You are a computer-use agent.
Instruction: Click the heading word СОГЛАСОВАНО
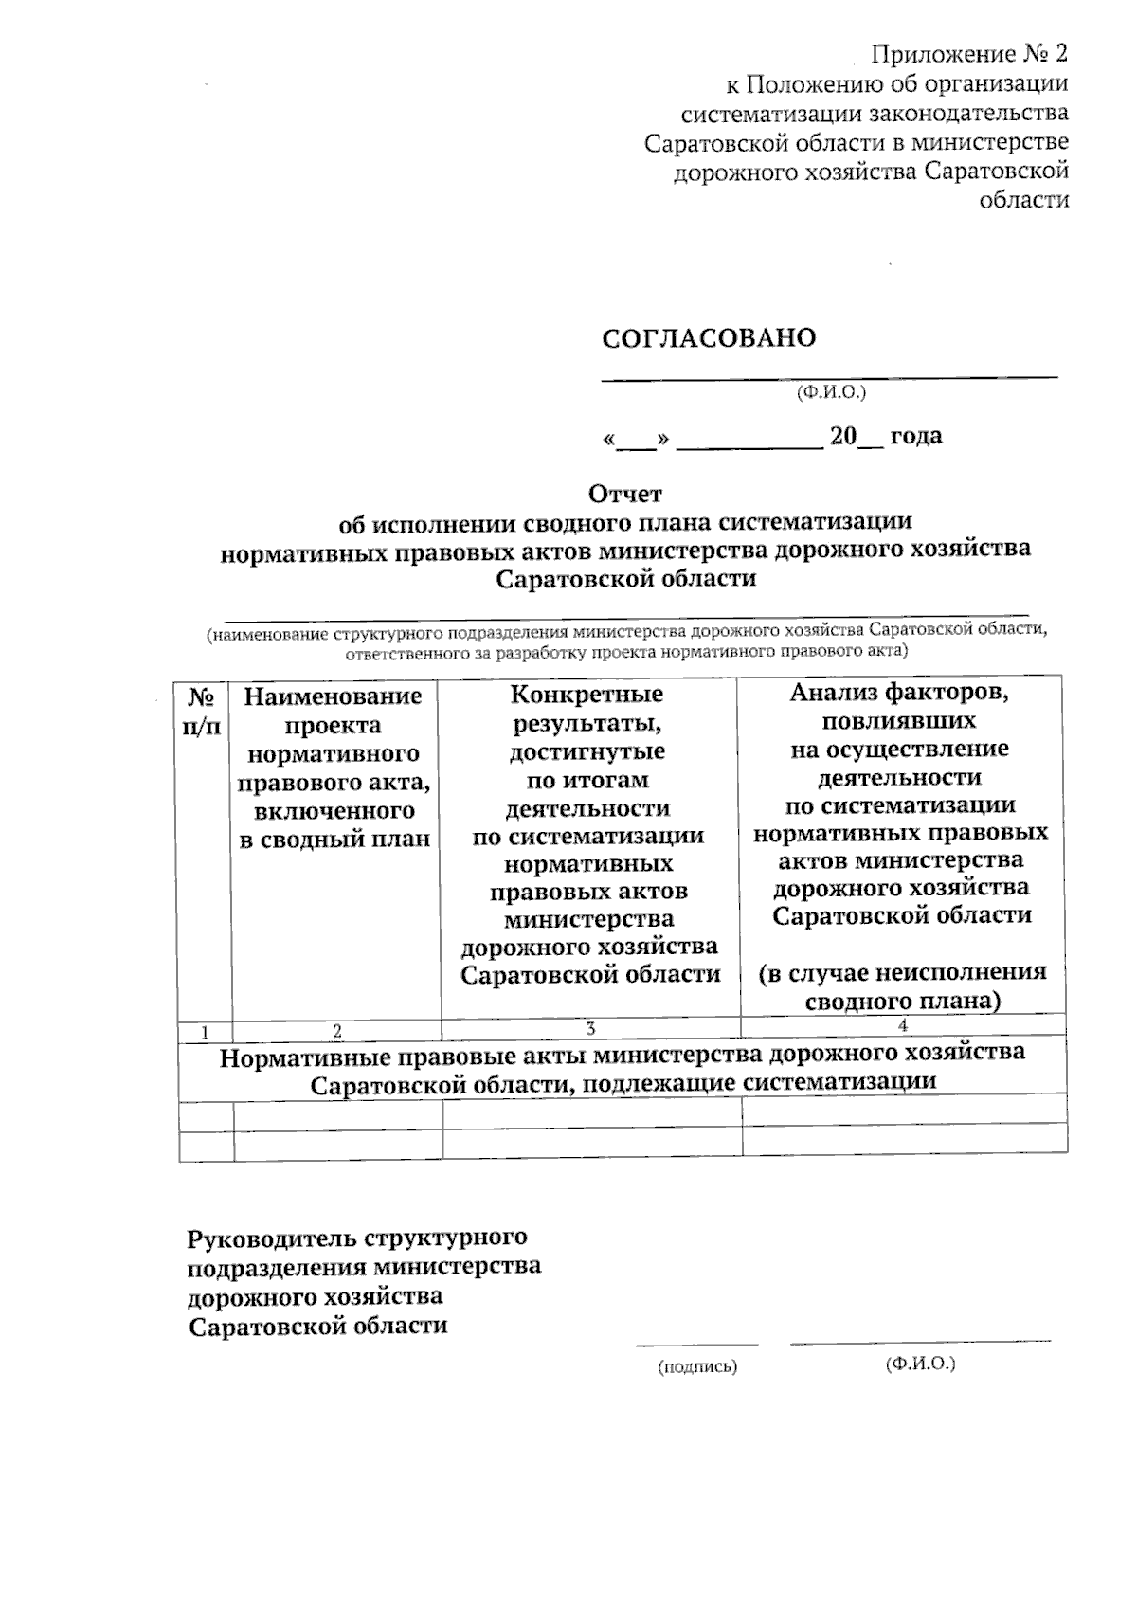(x=709, y=338)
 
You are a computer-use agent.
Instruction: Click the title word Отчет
(x=625, y=494)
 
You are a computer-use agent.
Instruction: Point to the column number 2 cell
(x=337, y=1031)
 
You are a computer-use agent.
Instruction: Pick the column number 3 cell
(x=590, y=1029)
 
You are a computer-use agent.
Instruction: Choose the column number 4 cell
(x=903, y=1026)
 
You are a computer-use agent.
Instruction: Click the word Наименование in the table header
(x=333, y=696)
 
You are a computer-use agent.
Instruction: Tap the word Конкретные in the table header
(x=587, y=694)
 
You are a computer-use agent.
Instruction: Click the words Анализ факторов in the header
(x=899, y=693)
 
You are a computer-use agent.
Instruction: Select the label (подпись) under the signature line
(x=697, y=1366)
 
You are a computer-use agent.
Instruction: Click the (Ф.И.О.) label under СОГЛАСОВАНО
(x=832, y=391)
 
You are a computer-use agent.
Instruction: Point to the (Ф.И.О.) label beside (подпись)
(x=920, y=1364)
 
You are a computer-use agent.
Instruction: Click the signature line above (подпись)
(x=696, y=1344)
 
